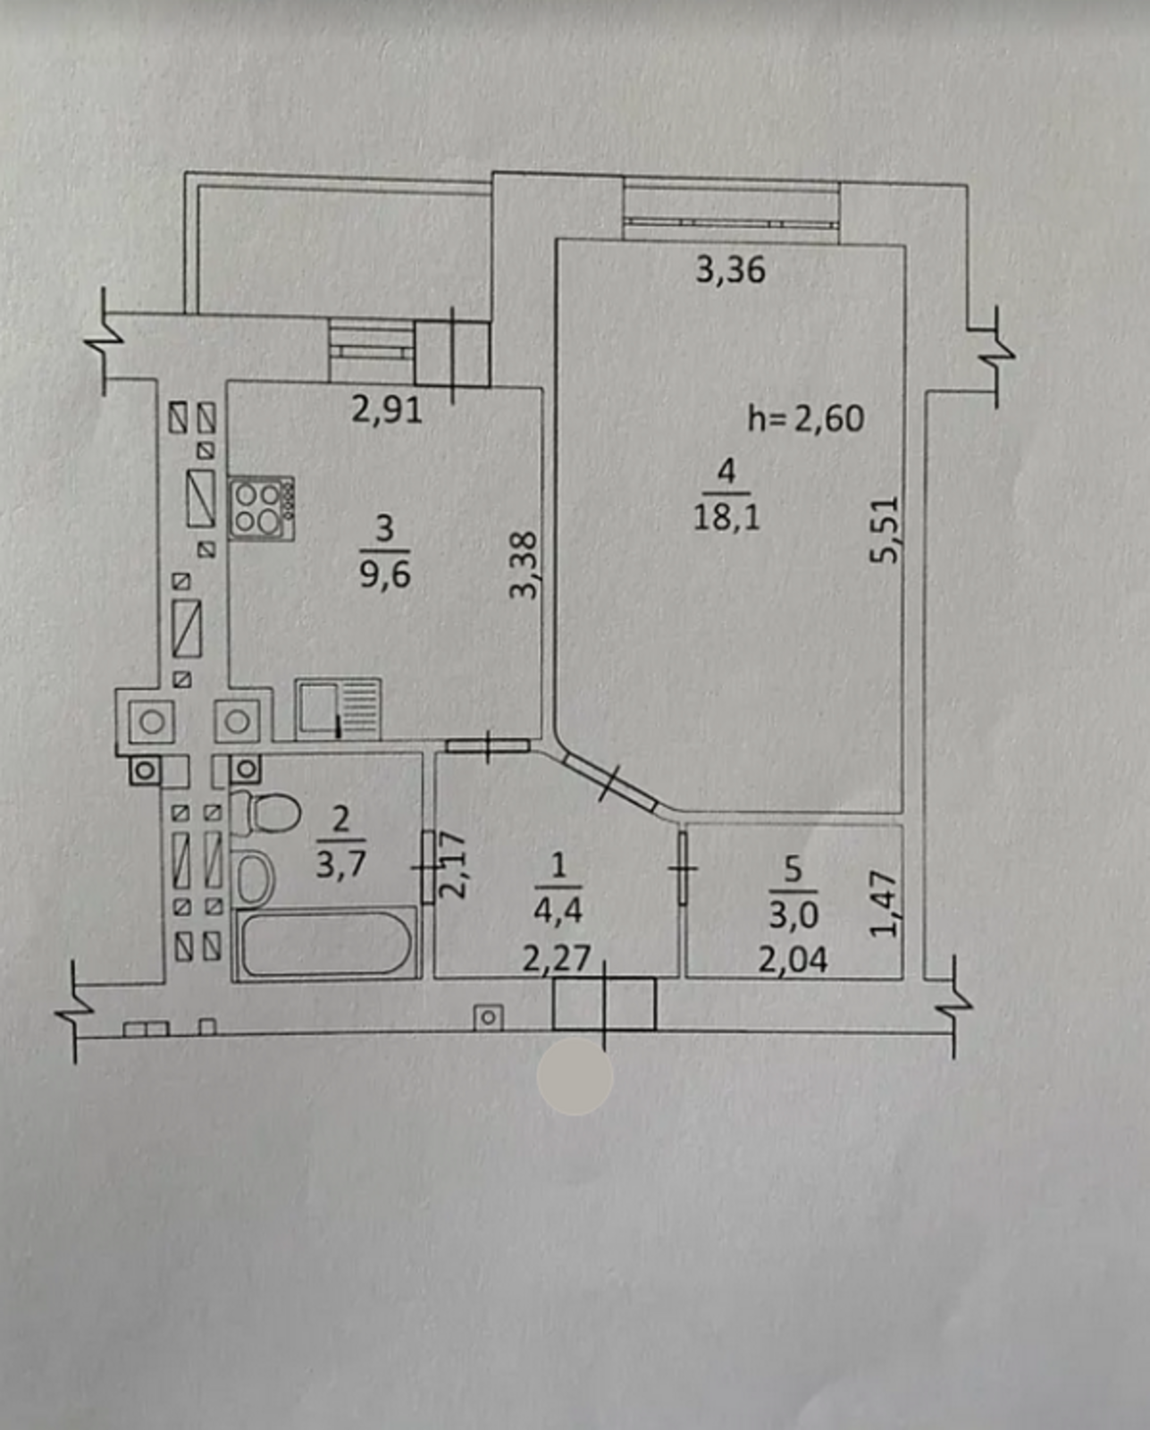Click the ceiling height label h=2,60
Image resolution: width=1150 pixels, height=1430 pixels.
(x=805, y=418)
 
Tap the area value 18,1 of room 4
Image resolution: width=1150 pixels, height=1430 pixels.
(x=726, y=517)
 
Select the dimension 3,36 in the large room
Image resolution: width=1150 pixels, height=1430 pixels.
(x=730, y=269)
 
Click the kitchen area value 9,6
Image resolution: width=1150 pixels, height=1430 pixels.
(x=385, y=573)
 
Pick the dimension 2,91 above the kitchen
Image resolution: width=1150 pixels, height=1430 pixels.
(x=386, y=409)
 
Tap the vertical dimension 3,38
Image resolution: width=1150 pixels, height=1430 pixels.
(x=525, y=565)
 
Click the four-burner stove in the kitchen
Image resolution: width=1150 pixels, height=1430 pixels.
(x=262, y=508)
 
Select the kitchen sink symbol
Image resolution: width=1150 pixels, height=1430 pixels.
(x=338, y=708)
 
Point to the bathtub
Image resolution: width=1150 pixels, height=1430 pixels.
(x=325, y=943)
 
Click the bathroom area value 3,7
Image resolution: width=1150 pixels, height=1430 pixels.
(x=340, y=863)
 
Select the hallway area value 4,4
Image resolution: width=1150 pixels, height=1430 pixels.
(x=558, y=910)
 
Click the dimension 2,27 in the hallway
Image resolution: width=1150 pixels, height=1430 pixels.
(x=557, y=958)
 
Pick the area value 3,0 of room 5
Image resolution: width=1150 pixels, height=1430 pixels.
(x=793, y=914)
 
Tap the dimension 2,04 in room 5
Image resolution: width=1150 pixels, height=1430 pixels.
(x=793, y=959)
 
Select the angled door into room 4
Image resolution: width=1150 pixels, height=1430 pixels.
(x=611, y=782)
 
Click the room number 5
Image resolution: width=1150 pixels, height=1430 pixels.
(x=793, y=869)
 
